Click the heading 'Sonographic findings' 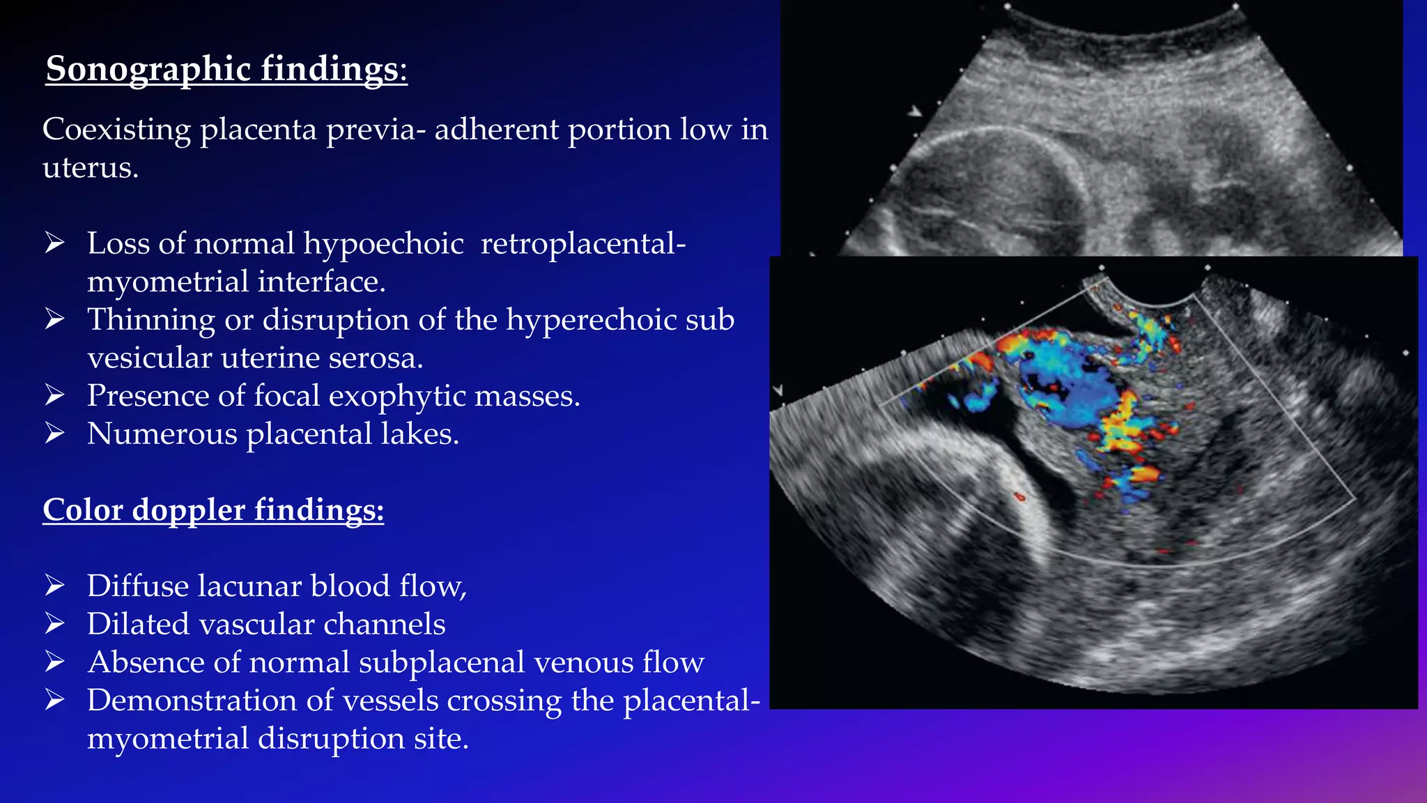pyautogui.click(x=226, y=70)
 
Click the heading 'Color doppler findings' pyautogui.click(x=213, y=510)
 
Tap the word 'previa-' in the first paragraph pyautogui.click(x=376, y=130)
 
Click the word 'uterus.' pyautogui.click(x=91, y=168)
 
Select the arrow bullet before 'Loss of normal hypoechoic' pyautogui.click(x=54, y=243)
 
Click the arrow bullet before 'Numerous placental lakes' pyautogui.click(x=54, y=434)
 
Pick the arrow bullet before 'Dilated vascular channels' pyautogui.click(x=54, y=624)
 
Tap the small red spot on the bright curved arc pyautogui.click(x=1019, y=497)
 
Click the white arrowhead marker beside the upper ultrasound pyautogui.click(x=915, y=111)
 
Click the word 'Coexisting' pyautogui.click(x=116, y=130)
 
